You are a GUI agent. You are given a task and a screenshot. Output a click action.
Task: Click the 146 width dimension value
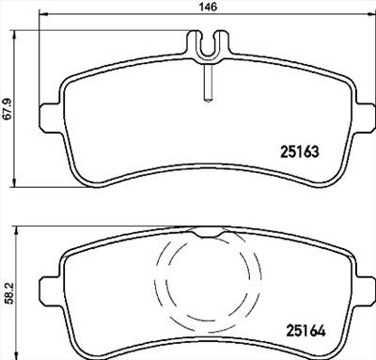209,7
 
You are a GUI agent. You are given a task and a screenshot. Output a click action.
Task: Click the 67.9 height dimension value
8,109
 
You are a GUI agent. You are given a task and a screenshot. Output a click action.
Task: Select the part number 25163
299,152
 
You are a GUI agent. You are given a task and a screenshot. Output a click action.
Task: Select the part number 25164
305,331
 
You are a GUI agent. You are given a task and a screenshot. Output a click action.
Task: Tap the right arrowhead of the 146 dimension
371,13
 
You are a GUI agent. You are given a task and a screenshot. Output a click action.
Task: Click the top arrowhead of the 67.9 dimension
14,35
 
